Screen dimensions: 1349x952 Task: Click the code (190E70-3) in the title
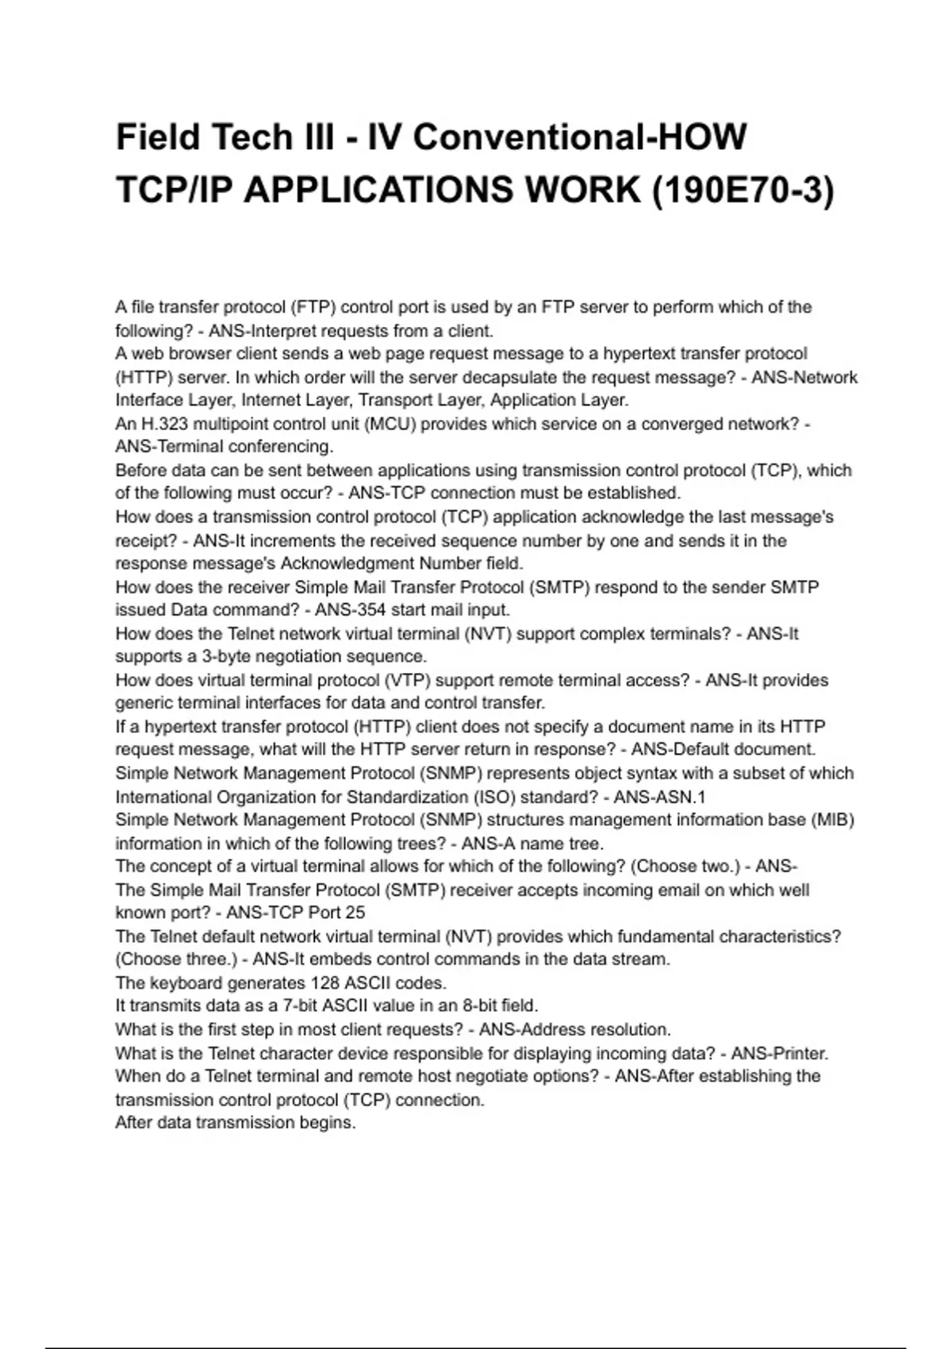(x=743, y=190)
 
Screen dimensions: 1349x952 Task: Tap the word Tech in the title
(x=247, y=137)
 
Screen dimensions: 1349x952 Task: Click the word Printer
(x=800, y=1053)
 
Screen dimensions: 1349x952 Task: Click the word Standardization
(x=407, y=797)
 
